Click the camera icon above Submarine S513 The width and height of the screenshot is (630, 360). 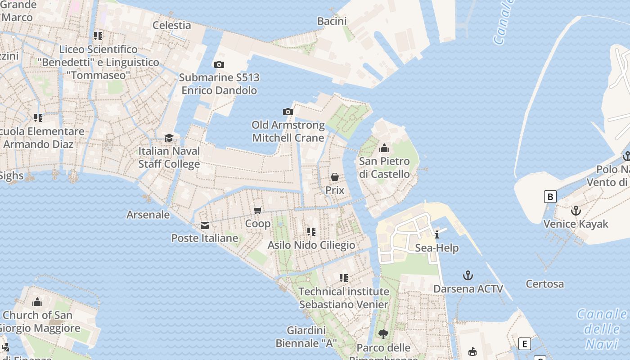(219, 64)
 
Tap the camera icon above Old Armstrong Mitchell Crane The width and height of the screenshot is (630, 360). (288, 112)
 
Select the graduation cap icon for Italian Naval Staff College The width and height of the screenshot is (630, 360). (169, 138)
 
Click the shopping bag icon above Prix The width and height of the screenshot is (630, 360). (335, 177)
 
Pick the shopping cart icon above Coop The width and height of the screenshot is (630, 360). (258, 210)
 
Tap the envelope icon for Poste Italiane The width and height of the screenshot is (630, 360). (205, 225)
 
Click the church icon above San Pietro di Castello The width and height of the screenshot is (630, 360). (384, 148)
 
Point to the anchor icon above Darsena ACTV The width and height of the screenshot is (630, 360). (468, 275)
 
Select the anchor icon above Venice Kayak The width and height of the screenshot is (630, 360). (576, 211)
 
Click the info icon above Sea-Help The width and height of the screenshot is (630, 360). (436, 234)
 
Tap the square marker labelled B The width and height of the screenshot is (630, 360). (550, 197)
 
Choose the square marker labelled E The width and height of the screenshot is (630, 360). (524, 344)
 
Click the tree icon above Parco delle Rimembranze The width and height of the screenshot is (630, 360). (383, 334)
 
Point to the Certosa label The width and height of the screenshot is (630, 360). (544, 284)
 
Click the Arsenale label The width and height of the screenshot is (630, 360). (148, 215)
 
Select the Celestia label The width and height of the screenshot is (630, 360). (172, 25)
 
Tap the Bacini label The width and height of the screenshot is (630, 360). (332, 21)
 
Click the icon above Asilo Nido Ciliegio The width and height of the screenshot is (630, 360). (311, 232)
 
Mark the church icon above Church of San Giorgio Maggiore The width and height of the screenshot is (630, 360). (37, 302)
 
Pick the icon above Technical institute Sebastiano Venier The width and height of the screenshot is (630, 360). (344, 278)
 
